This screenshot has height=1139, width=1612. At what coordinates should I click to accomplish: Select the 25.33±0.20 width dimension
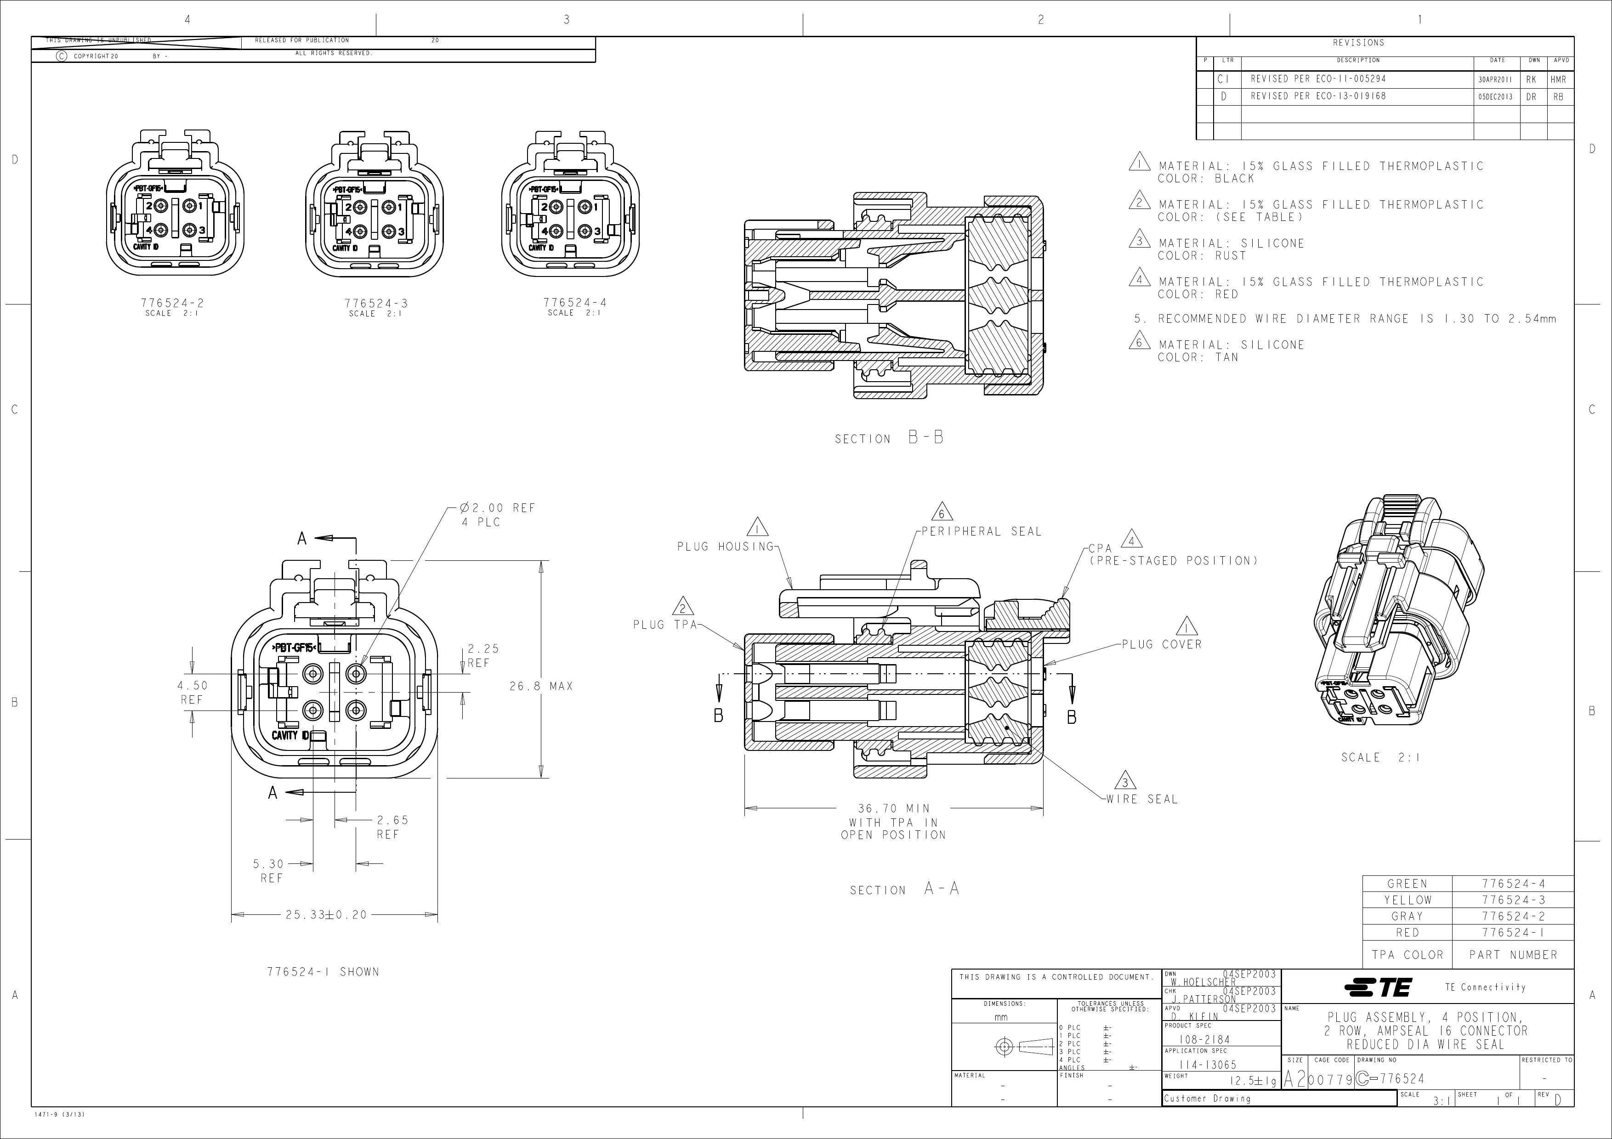click(326, 915)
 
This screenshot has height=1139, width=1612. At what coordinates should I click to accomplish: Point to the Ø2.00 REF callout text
click(498, 508)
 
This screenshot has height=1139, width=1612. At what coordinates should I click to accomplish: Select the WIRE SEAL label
click(1141, 799)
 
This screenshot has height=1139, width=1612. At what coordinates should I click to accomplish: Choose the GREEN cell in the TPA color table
click(1407, 884)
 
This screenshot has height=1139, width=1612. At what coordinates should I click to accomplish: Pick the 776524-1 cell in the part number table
click(1512, 933)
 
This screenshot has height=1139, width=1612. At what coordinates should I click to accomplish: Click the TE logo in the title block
click(1378, 987)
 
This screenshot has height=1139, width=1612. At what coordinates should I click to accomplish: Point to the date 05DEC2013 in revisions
click(1495, 97)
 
